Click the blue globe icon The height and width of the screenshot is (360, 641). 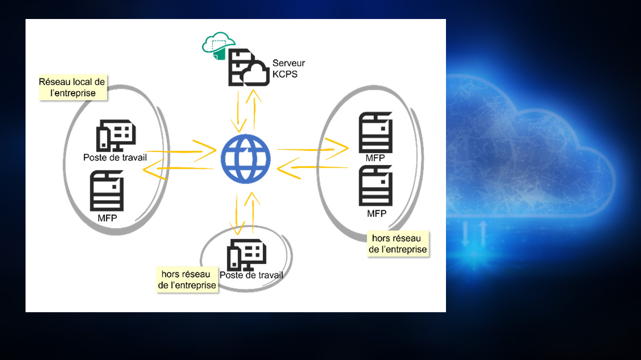[x=246, y=159]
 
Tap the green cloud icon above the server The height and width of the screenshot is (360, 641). [x=218, y=45]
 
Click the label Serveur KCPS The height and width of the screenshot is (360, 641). [x=285, y=69]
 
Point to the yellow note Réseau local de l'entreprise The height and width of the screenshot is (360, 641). [x=72, y=87]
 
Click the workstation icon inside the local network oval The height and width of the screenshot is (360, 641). [x=116, y=135]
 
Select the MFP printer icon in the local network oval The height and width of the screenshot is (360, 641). [x=106, y=191]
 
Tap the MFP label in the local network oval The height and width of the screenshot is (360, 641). [x=107, y=218]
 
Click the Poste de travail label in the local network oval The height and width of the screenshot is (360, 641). [x=115, y=157]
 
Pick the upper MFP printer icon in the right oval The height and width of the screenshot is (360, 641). [x=375, y=133]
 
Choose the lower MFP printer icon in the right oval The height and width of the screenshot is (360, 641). [x=376, y=186]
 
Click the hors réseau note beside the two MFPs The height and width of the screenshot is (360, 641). [x=398, y=244]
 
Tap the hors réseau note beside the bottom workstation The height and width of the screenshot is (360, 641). [x=187, y=280]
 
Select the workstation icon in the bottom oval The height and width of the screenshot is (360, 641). [x=247, y=255]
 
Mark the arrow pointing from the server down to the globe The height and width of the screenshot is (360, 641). [x=237, y=111]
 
